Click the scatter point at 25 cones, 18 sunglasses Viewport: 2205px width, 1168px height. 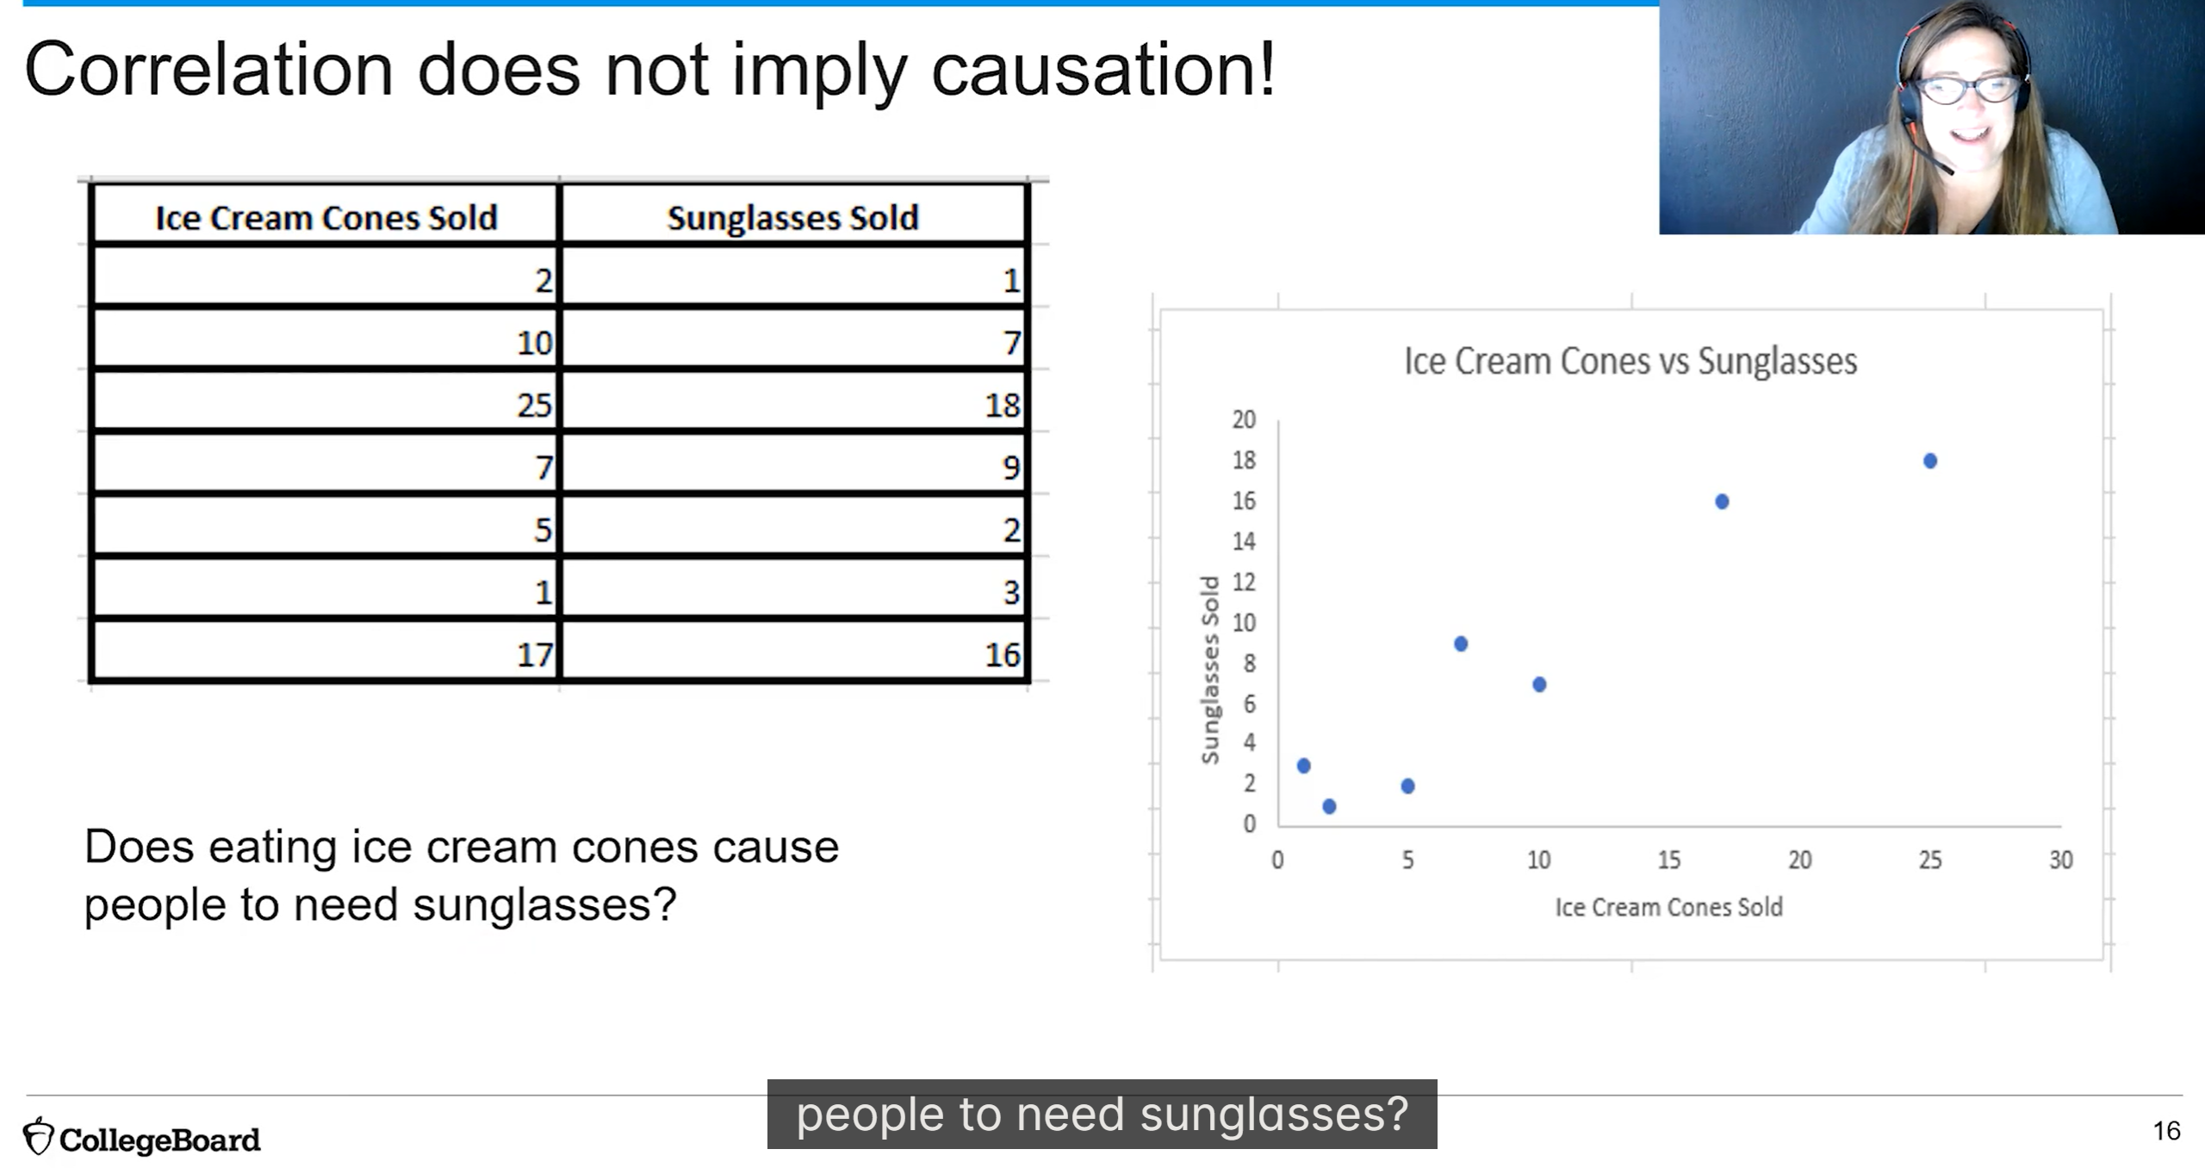click(1930, 461)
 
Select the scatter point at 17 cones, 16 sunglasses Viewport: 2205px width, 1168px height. click(1722, 501)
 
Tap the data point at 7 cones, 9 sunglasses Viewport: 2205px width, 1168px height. click(1461, 643)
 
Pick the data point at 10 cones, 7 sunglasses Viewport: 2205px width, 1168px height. click(1539, 685)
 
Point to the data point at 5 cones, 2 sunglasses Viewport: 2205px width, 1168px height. click(1407, 786)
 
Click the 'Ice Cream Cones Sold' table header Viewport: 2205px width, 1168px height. click(326, 217)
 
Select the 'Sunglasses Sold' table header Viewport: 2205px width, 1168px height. click(792, 217)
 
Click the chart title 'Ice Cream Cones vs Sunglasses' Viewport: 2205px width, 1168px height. click(1630, 361)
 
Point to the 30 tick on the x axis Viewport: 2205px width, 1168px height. click(2060, 860)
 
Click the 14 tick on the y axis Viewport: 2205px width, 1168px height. click(1244, 541)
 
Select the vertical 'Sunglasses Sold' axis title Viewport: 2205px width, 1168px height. click(1210, 669)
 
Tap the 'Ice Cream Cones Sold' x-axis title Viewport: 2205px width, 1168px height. click(1668, 907)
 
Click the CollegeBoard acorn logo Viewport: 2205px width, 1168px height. click(38, 1136)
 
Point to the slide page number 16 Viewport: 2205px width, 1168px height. click(2166, 1130)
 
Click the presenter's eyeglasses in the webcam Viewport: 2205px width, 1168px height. click(1963, 90)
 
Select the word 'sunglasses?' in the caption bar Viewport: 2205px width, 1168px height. click(1274, 1114)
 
